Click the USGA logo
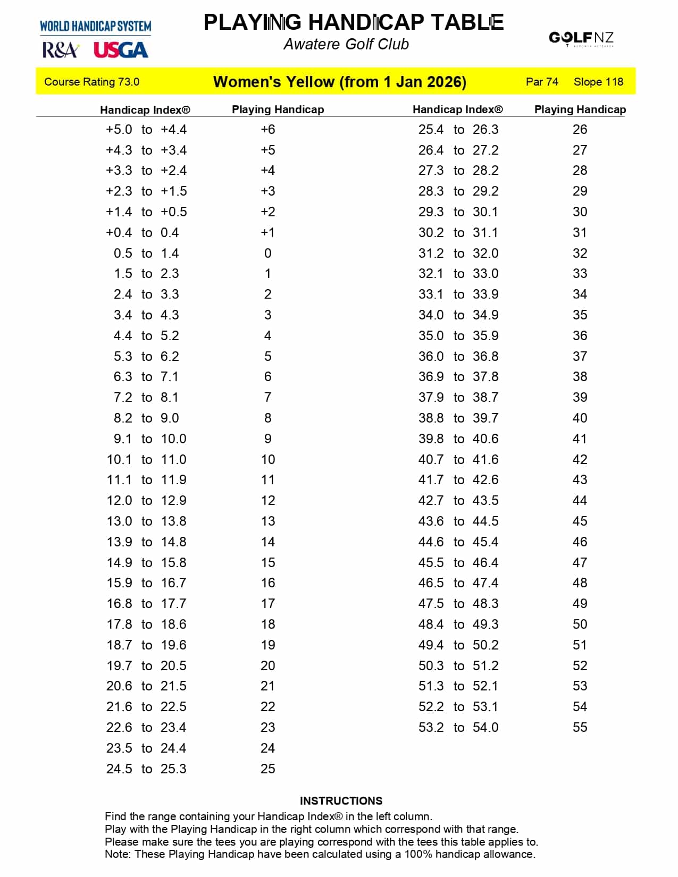click(x=121, y=50)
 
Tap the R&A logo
click(x=61, y=50)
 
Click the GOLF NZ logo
click(x=581, y=38)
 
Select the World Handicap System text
click(x=95, y=26)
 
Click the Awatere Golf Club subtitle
click(x=346, y=44)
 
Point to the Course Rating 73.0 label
click(x=91, y=82)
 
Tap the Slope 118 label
click(x=598, y=82)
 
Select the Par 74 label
click(x=542, y=82)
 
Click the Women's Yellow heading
click(x=339, y=82)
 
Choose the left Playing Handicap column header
click(x=278, y=109)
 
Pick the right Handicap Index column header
click(x=457, y=109)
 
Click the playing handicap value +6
click(x=267, y=130)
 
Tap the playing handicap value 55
click(x=580, y=727)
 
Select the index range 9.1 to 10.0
click(x=146, y=439)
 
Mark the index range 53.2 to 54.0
click(x=458, y=727)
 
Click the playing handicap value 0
click(x=267, y=254)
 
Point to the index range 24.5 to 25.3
click(x=146, y=769)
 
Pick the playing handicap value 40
click(x=580, y=418)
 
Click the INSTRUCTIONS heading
click(x=341, y=801)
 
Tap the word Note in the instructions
click(x=117, y=854)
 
